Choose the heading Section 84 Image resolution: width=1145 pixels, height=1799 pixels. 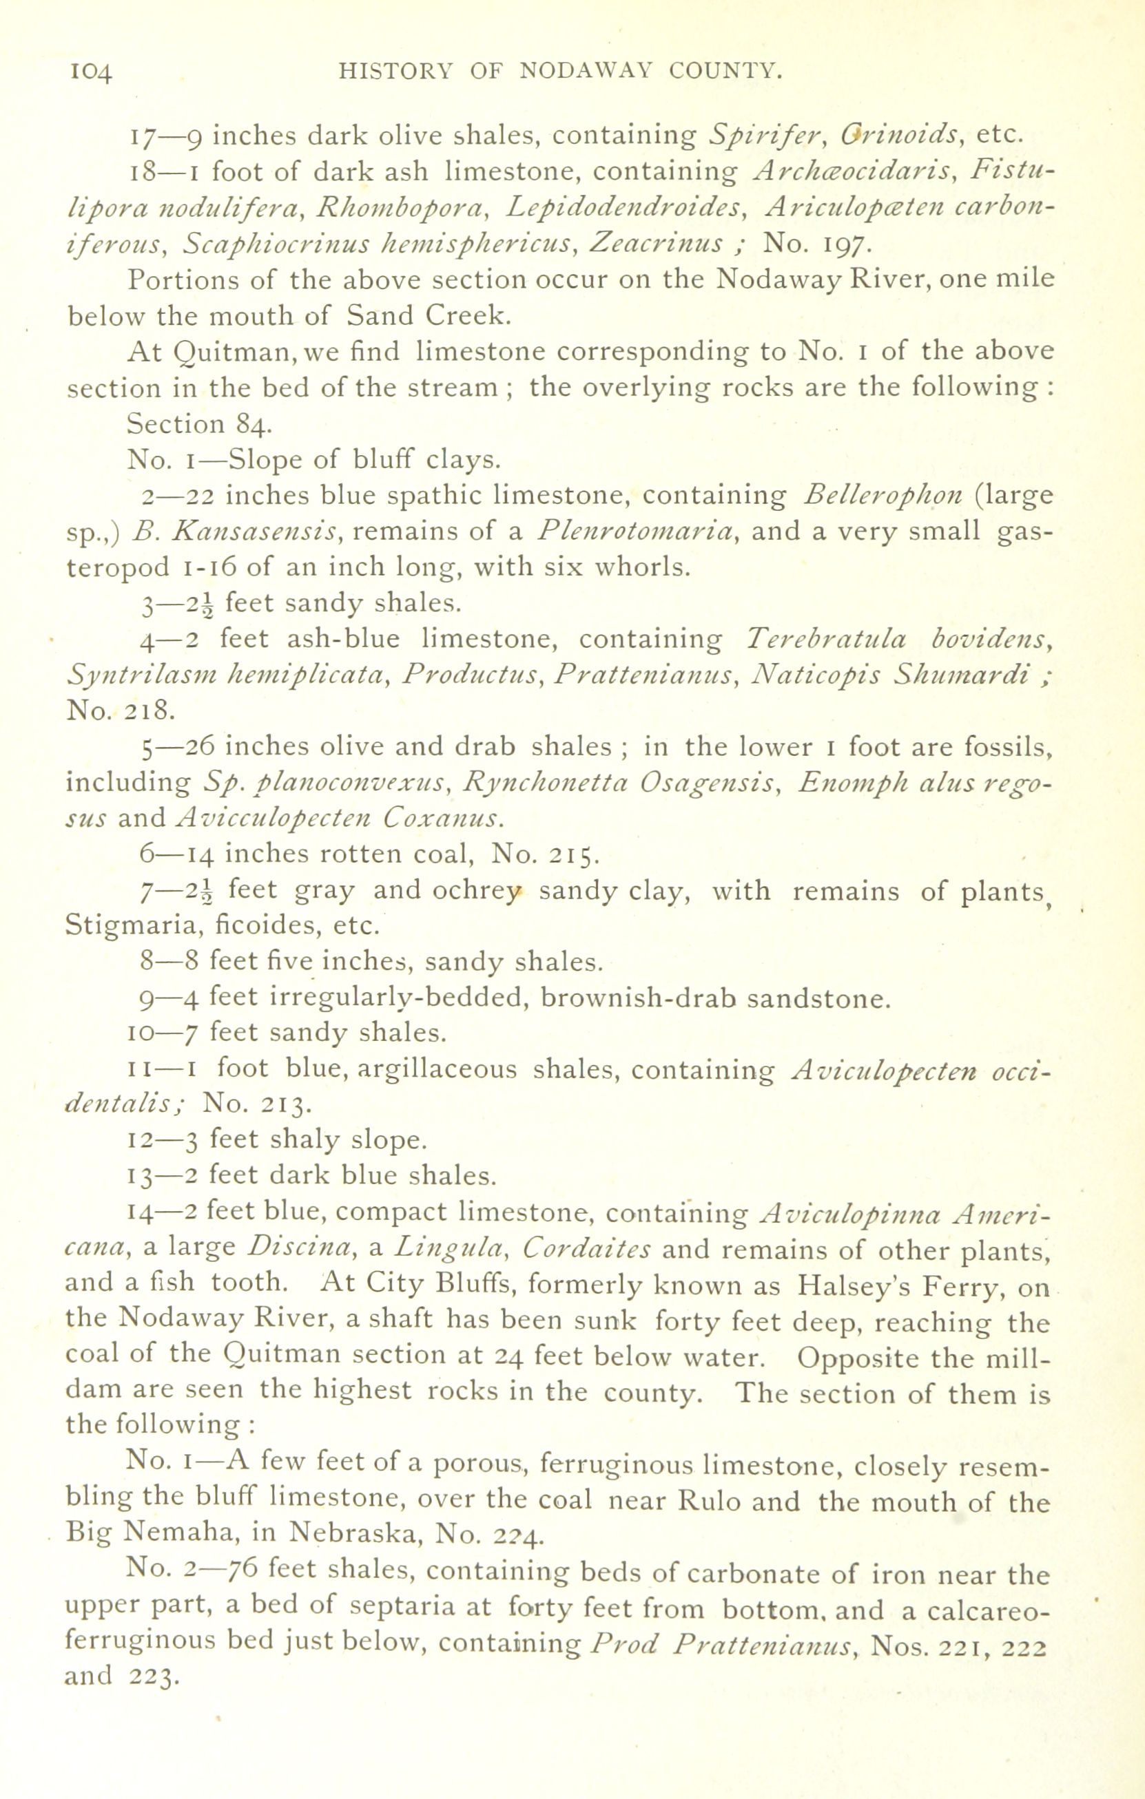[x=194, y=424]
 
